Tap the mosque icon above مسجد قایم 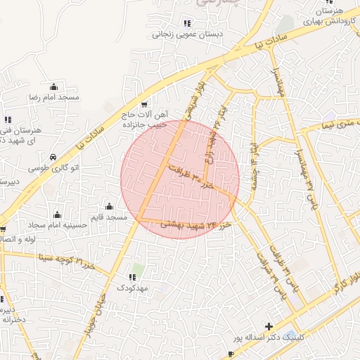coord(110,207)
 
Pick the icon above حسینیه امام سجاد coord(57,214)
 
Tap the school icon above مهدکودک coord(131,278)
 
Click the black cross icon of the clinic coord(269,327)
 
